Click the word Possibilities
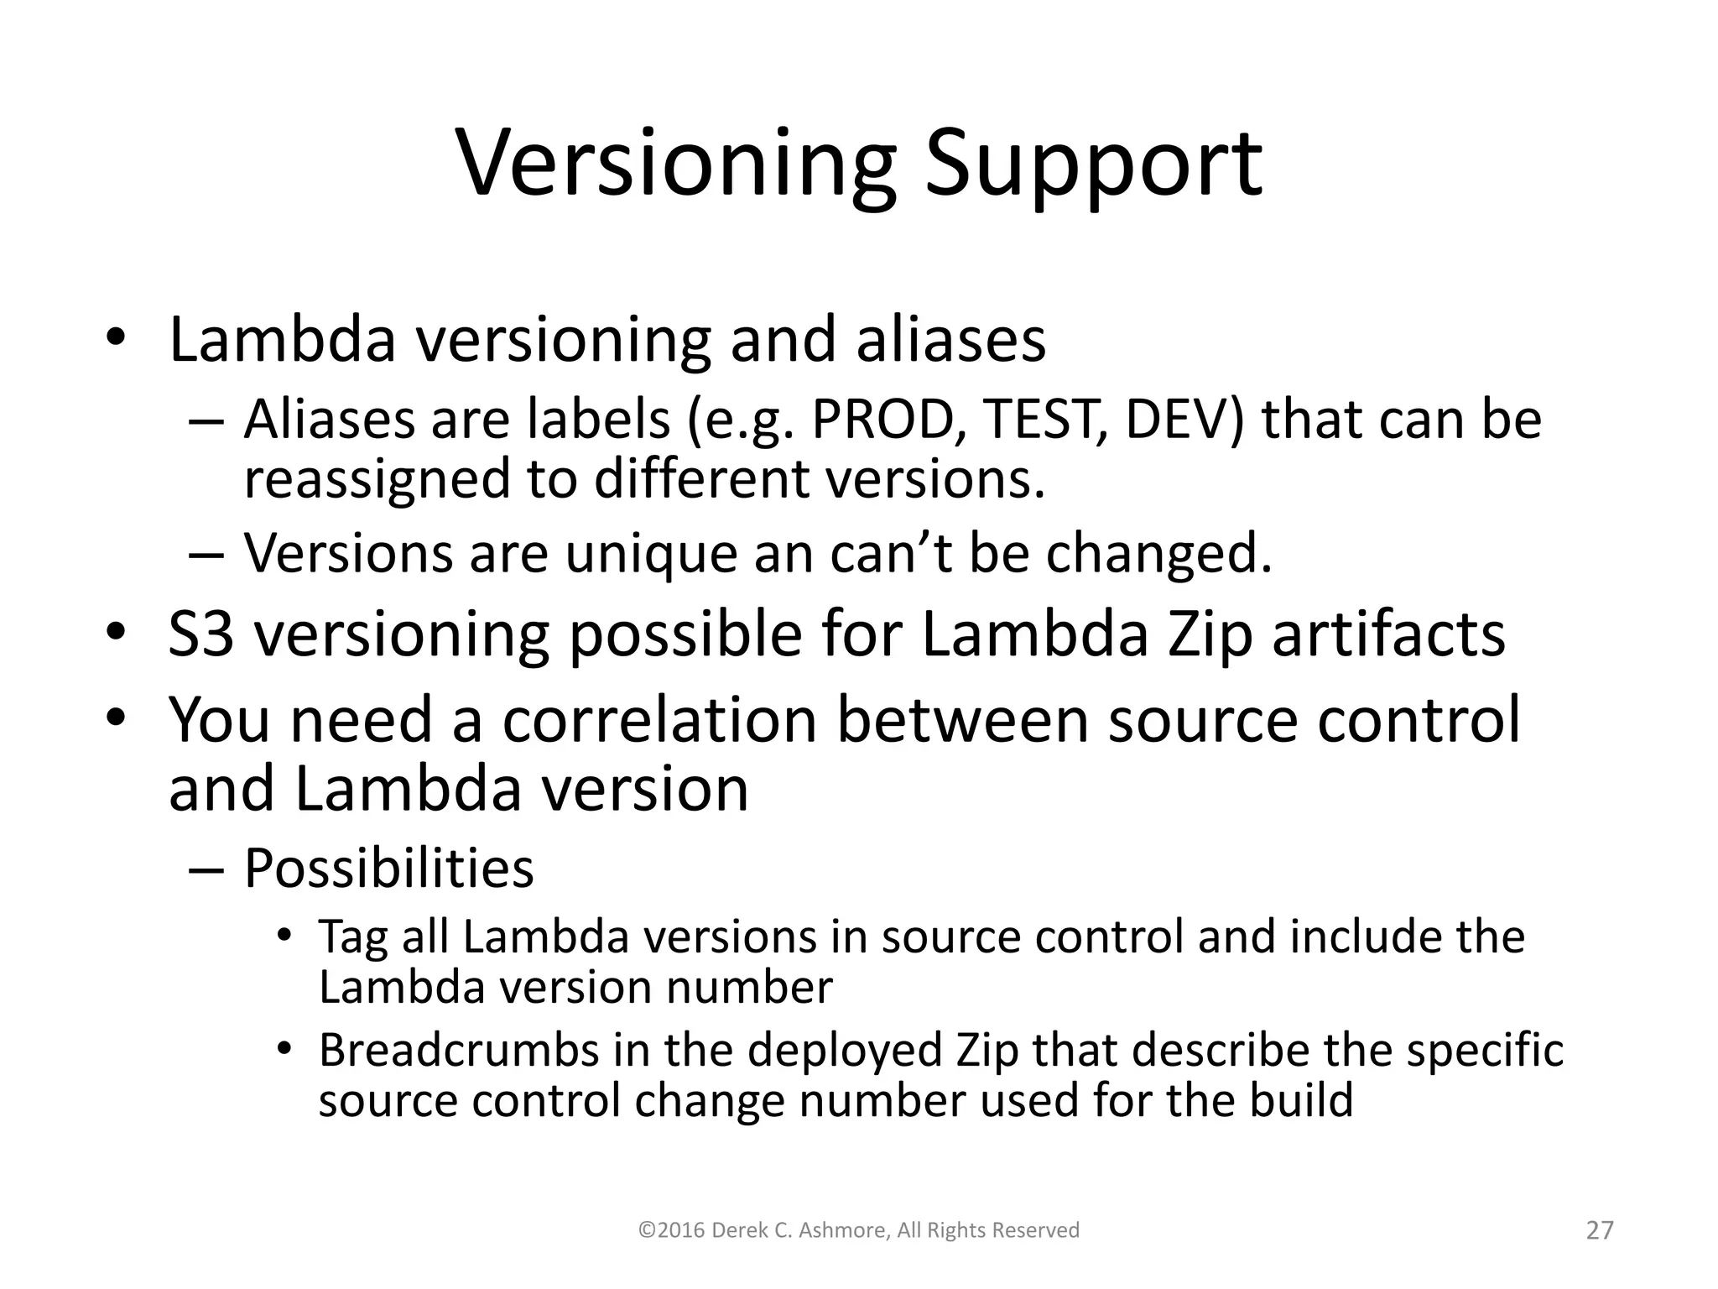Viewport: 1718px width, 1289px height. point(388,868)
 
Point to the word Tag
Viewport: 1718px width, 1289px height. point(352,937)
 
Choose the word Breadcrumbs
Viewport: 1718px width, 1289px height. point(459,1050)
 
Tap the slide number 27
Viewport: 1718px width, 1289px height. point(1600,1230)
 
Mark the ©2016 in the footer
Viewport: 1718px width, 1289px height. point(670,1230)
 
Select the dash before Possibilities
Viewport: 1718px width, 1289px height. point(206,869)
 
